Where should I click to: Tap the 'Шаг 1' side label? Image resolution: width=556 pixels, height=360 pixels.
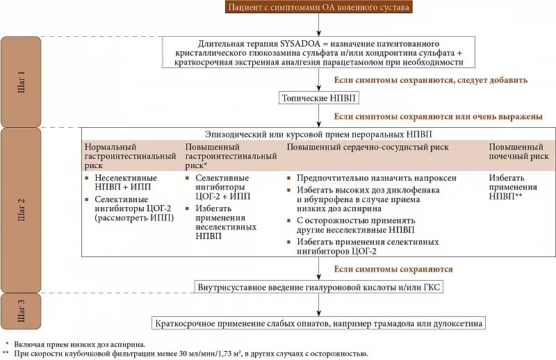(21, 81)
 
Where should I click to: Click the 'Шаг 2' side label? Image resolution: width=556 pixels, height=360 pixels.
(21, 209)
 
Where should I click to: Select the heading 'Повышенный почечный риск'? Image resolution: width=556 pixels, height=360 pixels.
(518, 152)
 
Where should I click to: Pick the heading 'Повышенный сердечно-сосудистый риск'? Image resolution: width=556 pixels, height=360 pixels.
(368, 147)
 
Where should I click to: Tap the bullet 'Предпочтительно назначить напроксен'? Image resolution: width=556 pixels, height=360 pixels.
(376, 178)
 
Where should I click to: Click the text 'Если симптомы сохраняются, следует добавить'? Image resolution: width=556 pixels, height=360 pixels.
(431, 81)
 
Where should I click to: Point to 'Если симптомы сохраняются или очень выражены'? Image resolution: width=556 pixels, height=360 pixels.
(438, 116)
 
